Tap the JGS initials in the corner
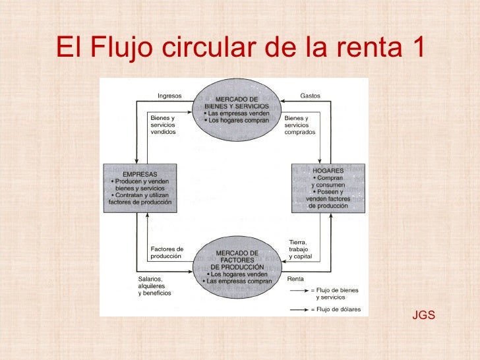pyautogui.click(x=423, y=316)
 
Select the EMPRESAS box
pyautogui.click(x=140, y=188)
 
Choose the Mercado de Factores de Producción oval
pyautogui.click(x=237, y=267)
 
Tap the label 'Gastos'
pyautogui.click(x=310, y=96)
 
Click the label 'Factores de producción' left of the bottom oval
pyautogui.click(x=167, y=252)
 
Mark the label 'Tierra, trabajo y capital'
pyautogui.click(x=301, y=249)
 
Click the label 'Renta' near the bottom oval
pyautogui.click(x=295, y=279)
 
